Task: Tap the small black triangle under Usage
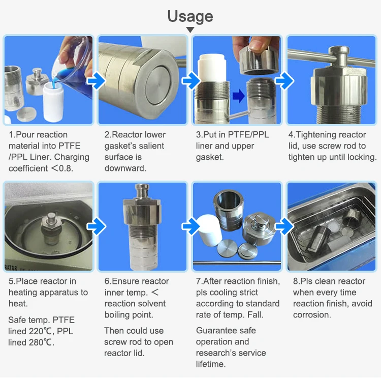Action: [x=190, y=30]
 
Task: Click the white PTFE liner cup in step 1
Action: [x=54, y=102]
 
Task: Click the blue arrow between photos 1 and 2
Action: [x=96, y=80]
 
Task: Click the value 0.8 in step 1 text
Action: [x=65, y=168]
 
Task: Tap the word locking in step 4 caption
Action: [x=360, y=157]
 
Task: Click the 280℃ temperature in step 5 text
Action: [x=42, y=342]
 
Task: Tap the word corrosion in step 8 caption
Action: [x=311, y=314]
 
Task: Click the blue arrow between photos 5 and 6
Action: [x=96, y=227]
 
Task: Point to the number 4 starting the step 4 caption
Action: [x=291, y=135]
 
